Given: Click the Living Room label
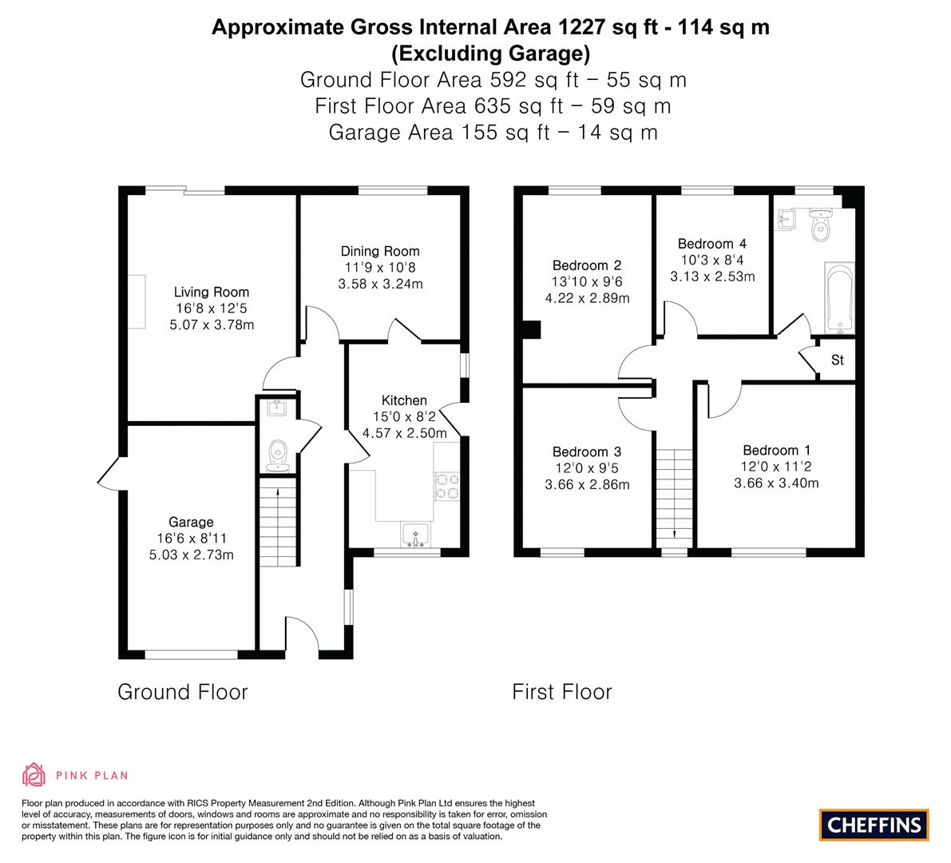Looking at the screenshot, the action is click(211, 292).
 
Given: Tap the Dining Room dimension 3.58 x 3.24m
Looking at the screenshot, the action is click(380, 284).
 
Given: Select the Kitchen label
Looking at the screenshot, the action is click(404, 400).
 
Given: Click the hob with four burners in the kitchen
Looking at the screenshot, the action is click(446, 486).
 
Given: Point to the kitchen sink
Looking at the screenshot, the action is click(415, 535).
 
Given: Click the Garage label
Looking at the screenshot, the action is click(191, 522).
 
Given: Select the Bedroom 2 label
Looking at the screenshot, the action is click(587, 265).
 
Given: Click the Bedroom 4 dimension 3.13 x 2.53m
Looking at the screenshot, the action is click(712, 276).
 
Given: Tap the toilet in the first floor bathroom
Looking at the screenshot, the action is click(820, 225).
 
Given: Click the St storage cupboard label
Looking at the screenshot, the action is click(837, 360).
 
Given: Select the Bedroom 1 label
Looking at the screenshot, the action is click(776, 451).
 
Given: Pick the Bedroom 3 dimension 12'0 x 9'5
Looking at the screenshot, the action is click(587, 468).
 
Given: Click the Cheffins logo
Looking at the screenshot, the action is click(874, 825).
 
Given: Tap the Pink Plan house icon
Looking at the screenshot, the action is click(34, 775).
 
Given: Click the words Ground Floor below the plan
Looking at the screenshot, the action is click(183, 692).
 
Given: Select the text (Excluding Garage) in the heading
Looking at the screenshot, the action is click(490, 54).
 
